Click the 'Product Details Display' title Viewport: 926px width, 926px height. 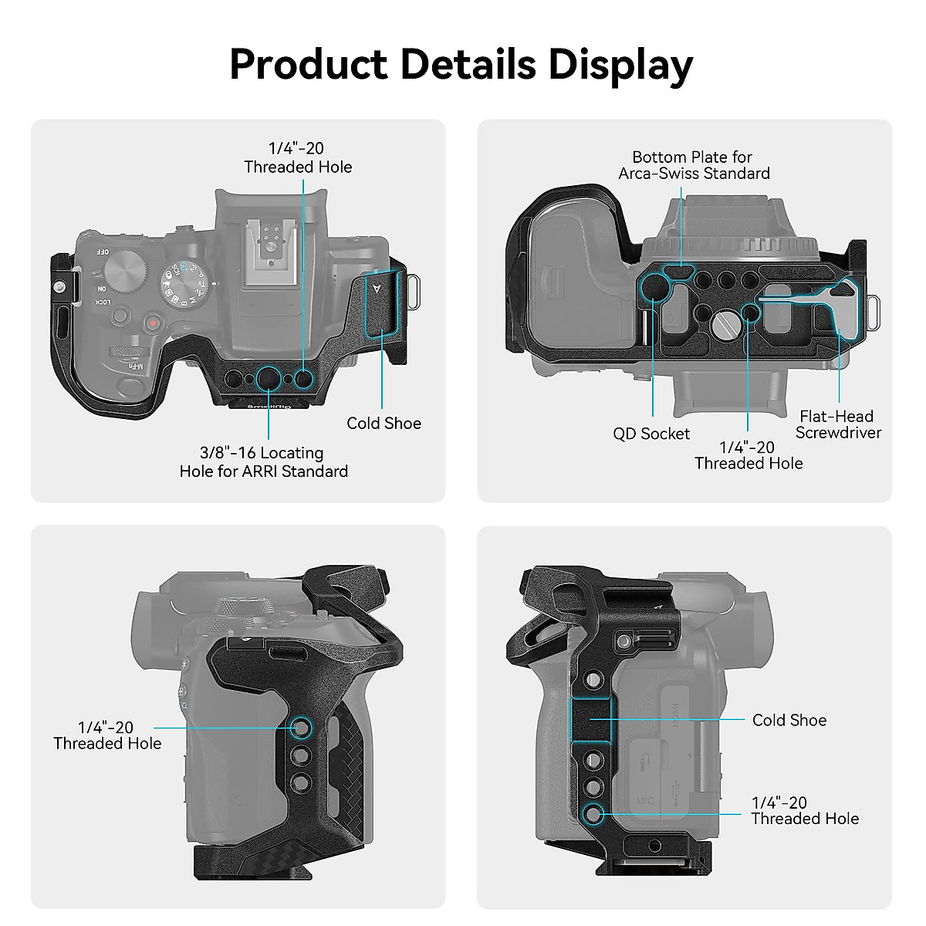click(x=461, y=64)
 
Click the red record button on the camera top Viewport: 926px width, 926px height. click(x=154, y=323)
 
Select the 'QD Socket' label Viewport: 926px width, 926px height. click(x=651, y=434)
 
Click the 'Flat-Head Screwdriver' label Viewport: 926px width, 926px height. click(x=838, y=424)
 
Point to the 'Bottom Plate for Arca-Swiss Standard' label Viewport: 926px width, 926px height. click(x=694, y=165)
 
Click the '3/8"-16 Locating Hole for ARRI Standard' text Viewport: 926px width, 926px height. click(x=263, y=461)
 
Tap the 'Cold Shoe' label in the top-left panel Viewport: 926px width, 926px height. click(x=384, y=423)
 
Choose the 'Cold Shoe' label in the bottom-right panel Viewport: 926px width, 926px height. click(x=789, y=720)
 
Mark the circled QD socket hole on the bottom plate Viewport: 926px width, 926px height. click(x=654, y=286)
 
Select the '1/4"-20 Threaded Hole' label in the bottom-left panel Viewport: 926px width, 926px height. click(x=107, y=735)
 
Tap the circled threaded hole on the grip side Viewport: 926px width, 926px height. click(x=301, y=727)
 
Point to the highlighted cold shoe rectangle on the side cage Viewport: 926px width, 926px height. click(x=590, y=719)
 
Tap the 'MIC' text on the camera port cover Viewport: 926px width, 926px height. click(x=645, y=800)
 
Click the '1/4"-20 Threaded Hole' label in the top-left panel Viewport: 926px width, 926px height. click(x=298, y=157)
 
